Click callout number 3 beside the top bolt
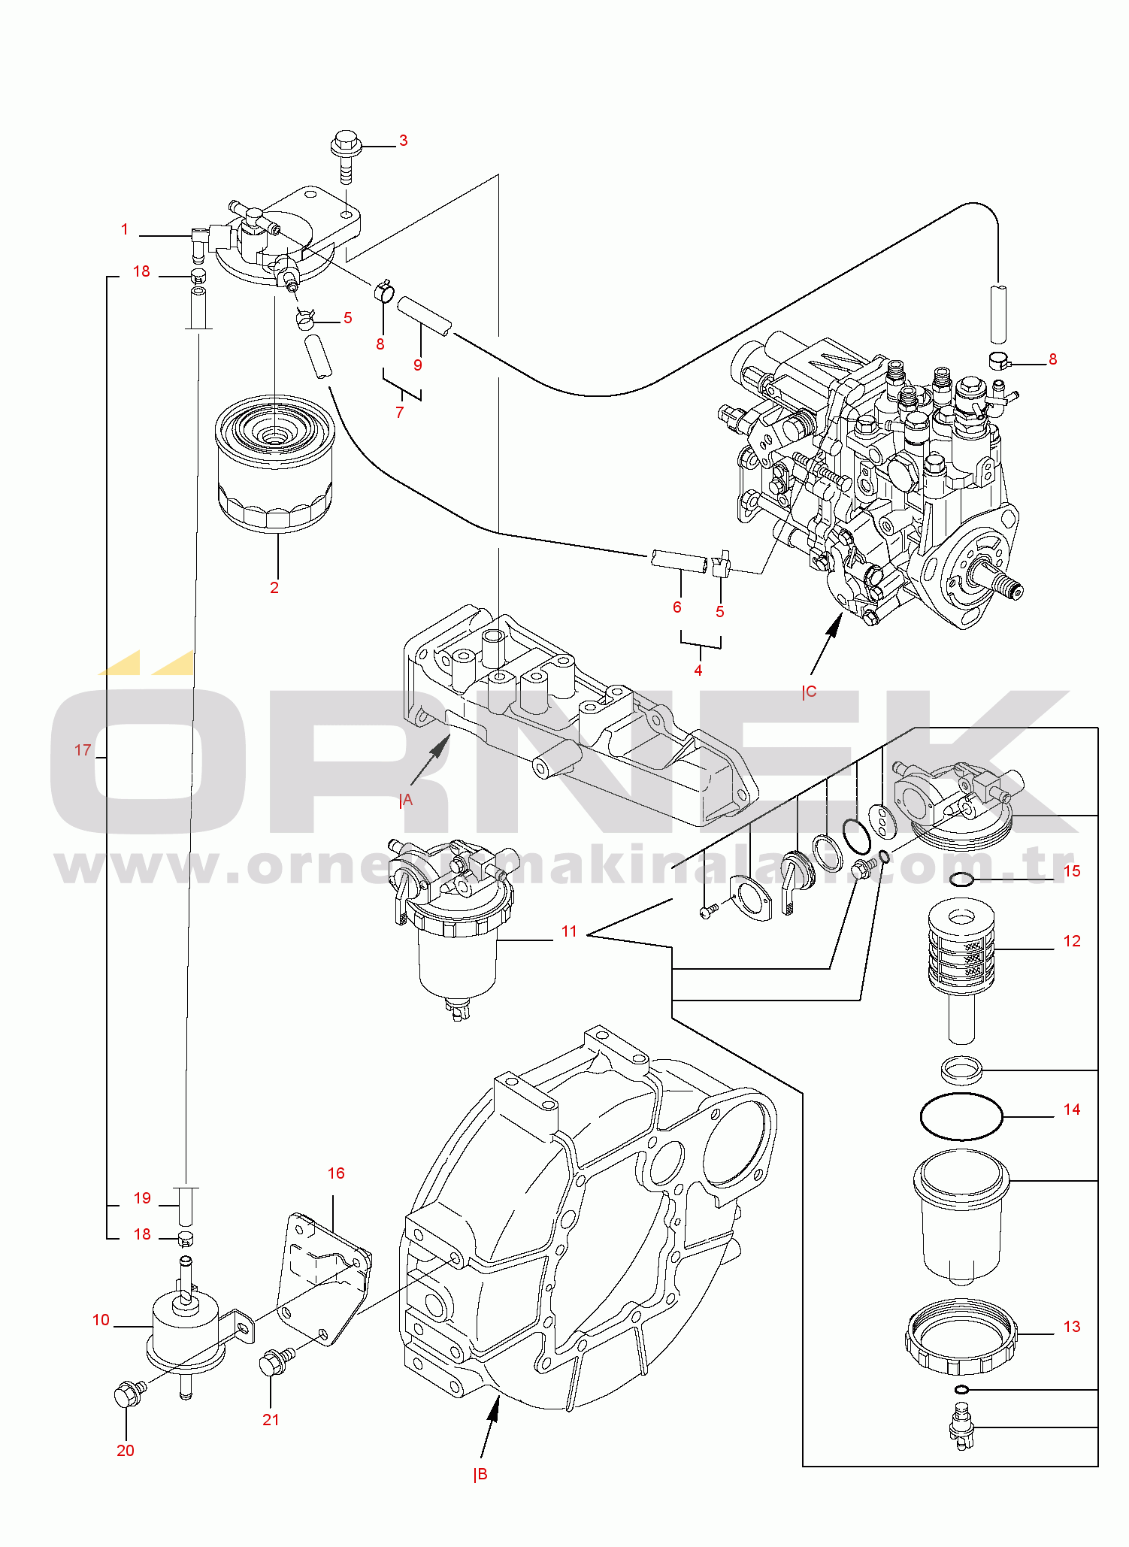pyautogui.click(x=403, y=141)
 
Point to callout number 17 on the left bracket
pyautogui.click(x=83, y=750)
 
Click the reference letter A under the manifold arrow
pyautogui.click(x=407, y=801)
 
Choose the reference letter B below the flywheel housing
pyautogui.click(x=482, y=1474)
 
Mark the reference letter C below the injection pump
pyautogui.click(x=810, y=692)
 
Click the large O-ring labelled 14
pyautogui.click(x=961, y=1116)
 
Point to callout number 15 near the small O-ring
pyautogui.click(x=1072, y=871)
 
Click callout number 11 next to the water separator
pyautogui.click(x=569, y=932)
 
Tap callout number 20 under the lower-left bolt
pyautogui.click(x=126, y=1451)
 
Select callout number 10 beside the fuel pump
pyautogui.click(x=101, y=1320)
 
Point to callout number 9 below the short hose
pyautogui.click(x=418, y=365)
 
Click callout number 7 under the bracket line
pyautogui.click(x=400, y=412)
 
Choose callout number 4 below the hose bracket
pyautogui.click(x=698, y=670)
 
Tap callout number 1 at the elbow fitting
pyautogui.click(x=125, y=229)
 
